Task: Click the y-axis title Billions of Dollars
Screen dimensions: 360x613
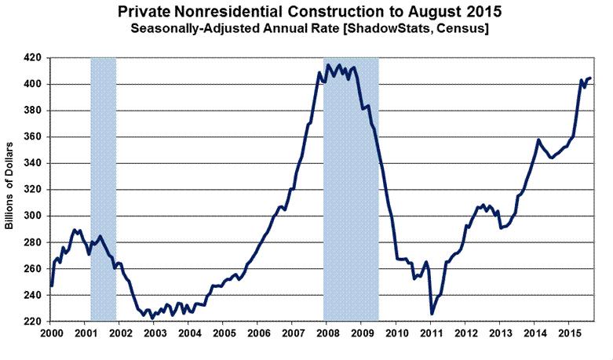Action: [x=10, y=187]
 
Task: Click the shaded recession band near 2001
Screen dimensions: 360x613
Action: [x=104, y=188]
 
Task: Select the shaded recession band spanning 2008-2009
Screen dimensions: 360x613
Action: [x=351, y=188]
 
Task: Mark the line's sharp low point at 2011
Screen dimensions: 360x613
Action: [x=432, y=313]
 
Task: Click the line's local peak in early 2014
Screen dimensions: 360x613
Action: [x=538, y=140]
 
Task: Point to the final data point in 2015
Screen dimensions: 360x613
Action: [x=590, y=78]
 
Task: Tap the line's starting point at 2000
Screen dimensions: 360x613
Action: [x=51, y=285]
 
